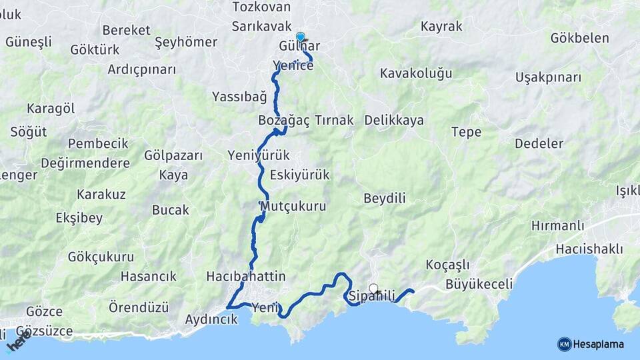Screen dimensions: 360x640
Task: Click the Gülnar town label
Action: point(300,47)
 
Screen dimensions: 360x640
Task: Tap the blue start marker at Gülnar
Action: point(301,37)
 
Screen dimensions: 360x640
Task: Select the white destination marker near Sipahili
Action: point(373,289)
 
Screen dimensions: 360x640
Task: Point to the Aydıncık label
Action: point(211,319)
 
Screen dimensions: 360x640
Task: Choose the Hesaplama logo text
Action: point(599,344)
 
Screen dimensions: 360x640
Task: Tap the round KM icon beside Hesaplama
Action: point(565,344)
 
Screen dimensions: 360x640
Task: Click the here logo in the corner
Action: point(19,341)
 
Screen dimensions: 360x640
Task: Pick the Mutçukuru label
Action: point(293,206)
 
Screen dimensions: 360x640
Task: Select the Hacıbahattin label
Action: point(246,276)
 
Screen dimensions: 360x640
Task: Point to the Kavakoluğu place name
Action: point(416,73)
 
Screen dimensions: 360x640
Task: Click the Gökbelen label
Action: point(579,38)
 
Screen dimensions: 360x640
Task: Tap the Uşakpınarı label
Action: point(548,77)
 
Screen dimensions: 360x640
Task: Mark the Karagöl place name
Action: point(51,109)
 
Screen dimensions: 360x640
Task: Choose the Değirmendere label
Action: point(85,163)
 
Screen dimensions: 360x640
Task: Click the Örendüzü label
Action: point(139,307)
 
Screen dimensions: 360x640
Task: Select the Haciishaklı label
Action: point(589,249)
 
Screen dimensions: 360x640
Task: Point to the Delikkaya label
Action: point(394,121)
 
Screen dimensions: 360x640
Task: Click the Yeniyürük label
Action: point(259,155)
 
